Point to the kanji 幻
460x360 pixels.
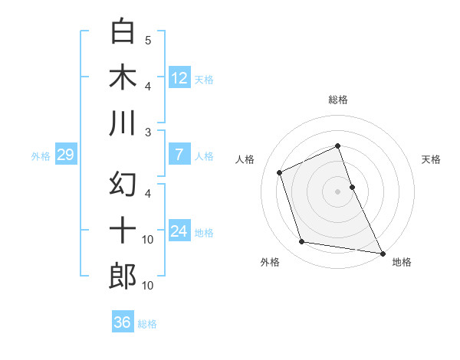coord(123,184)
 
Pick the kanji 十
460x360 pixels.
coord(123,231)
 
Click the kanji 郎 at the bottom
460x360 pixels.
coord(123,277)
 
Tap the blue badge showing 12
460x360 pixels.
coord(179,77)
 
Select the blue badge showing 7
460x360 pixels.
coord(179,155)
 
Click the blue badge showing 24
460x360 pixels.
coord(179,231)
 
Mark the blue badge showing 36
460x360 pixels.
coord(123,322)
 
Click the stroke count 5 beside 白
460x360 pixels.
coord(148,40)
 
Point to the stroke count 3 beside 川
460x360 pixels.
coord(148,133)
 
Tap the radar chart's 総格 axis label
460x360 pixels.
coord(338,100)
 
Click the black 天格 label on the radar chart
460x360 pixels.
coord(432,159)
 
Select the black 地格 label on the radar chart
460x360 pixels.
coord(402,262)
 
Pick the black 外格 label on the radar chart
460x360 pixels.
coord(270,262)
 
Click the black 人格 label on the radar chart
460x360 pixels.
coord(245,159)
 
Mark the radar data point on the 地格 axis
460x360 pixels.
coord(381,253)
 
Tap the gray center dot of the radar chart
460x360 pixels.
coord(338,191)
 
